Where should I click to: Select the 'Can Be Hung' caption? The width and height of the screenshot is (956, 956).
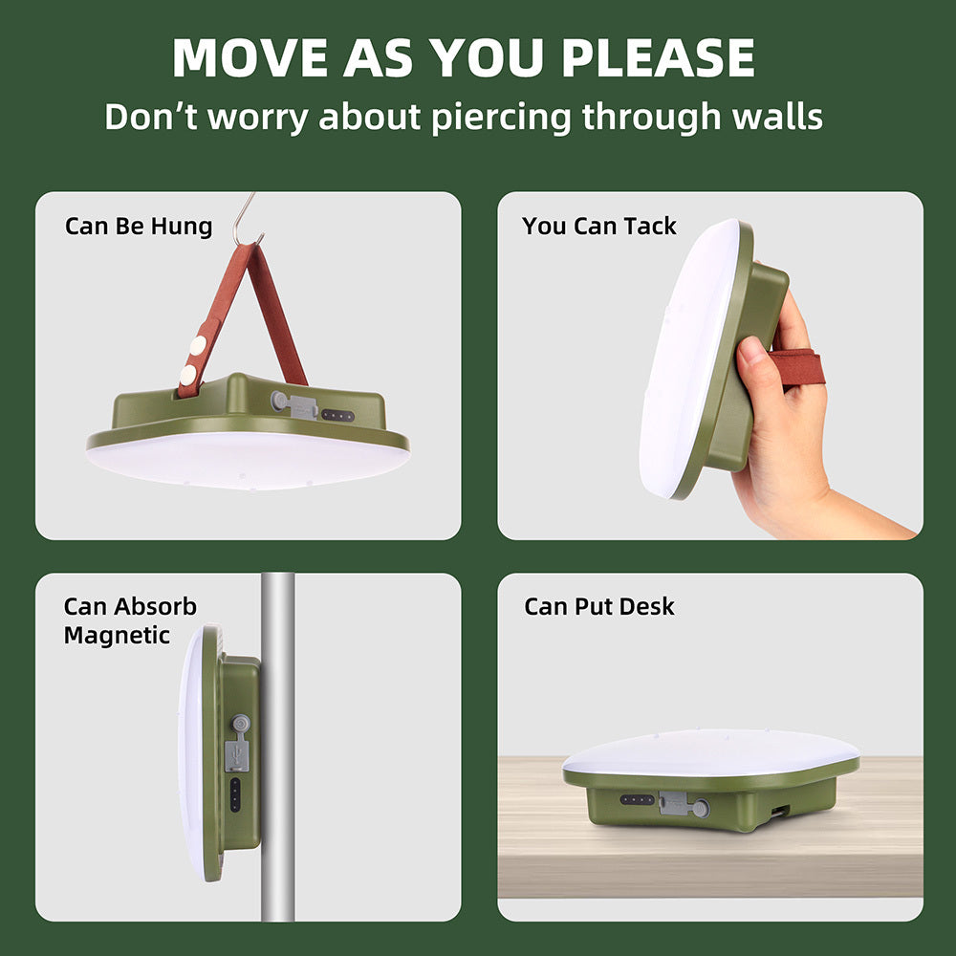[x=139, y=227]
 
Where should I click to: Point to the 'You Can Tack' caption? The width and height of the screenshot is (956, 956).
[x=598, y=227]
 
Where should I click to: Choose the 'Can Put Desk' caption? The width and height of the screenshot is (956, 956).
[x=598, y=607]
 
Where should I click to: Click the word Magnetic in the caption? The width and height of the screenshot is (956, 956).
[x=117, y=635]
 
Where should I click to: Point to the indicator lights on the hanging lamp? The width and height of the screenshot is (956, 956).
[x=337, y=416]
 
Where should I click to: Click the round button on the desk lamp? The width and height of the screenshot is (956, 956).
[x=702, y=809]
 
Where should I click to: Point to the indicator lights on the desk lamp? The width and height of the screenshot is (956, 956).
[x=637, y=799]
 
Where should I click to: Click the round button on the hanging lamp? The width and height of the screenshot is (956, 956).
[x=278, y=402]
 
